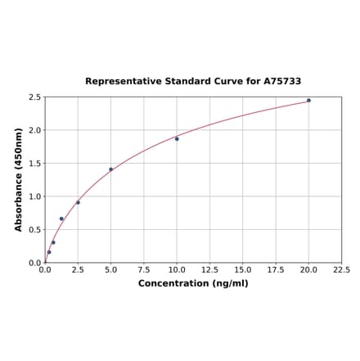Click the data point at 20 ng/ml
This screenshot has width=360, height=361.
click(308, 101)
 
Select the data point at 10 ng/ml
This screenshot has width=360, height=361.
click(177, 139)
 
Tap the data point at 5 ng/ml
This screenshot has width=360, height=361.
click(110, 169)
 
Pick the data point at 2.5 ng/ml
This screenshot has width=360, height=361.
click(78, 202)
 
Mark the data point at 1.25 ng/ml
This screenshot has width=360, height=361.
click(61, 219)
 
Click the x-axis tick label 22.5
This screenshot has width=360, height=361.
click(341, 269)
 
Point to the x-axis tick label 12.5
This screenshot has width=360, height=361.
click(209, 269)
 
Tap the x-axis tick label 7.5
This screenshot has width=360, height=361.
click(143, 269)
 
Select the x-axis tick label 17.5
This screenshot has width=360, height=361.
click(276, 269)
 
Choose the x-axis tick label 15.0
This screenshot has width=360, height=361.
click(242, 269)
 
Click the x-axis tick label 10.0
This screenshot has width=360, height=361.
click(177, 269)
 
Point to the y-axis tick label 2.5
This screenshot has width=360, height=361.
click(35, 97)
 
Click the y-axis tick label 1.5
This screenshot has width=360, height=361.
click(35, 164)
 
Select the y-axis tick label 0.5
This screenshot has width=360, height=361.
click(35, 230)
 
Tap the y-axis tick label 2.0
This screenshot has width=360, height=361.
click(35, 130)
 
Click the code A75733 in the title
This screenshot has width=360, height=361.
click(282, 82)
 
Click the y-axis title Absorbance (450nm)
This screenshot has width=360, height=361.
click(19, 179)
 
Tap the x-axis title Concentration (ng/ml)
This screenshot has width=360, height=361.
click(193, 283)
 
